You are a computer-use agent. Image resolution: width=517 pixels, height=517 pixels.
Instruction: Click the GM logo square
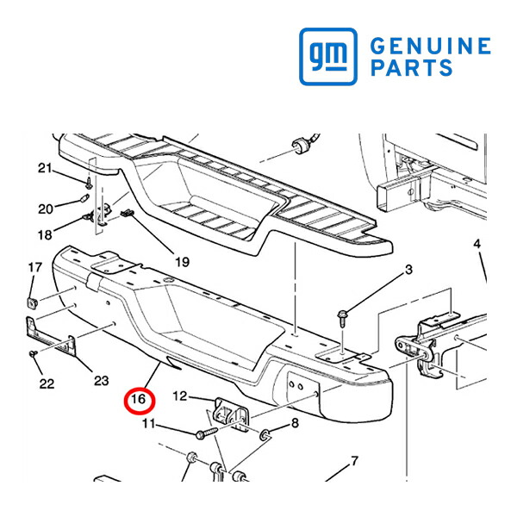pyautogui.click(x=328, y=56)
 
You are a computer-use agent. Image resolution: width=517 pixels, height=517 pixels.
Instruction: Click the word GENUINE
pyautogui.click(x=431, y=46)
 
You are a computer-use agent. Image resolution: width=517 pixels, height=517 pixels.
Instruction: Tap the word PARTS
pyautogui.click(x=412, y=67)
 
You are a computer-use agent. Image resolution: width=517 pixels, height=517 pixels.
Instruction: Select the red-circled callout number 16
pyautogui.click(x=139, y=399)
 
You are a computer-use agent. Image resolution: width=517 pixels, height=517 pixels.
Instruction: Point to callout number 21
pyautogui.click(x=45, y=168)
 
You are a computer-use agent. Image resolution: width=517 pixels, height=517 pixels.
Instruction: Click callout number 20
pyautogui.click(x=46, y=209)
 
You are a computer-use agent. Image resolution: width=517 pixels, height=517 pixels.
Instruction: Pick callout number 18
pyautogui.click(x=45, y=235)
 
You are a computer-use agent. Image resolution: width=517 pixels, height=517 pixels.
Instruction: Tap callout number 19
pyautogui.click(x=183, y=262)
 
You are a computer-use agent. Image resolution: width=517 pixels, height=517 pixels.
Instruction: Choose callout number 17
pyautogui.click(x=35, y=267)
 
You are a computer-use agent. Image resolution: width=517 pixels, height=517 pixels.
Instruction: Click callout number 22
pyautogui.click(x=47, y=383)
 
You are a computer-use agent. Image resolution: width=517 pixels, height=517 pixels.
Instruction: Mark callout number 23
pyautogui.click(x=102, y=381)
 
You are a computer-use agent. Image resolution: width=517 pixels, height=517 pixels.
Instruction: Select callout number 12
pyautogui.click(x=180, y=396)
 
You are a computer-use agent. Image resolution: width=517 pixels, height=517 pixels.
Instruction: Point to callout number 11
pyautogui.click(x=149, y=423)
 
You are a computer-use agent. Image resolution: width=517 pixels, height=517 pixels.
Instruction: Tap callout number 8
pyautogui.click(x=295, y=422)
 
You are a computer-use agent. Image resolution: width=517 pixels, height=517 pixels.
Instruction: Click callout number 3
pyautogui.click(x=408, y=270)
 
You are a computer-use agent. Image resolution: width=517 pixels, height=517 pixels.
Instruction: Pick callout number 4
pyautogui.click(x=477, y=244)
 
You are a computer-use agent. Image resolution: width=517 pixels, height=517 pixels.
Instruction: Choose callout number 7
pyautogui.click(x=354, y=461)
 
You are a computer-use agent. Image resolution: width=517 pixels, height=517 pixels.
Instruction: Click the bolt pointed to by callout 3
pyautogui.click(x=341, y=318)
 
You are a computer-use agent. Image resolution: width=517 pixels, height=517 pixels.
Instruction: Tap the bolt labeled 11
pyautogui.click(x=207, y=433)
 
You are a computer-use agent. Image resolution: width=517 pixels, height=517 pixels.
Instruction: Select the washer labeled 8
pyautogui.click(x=265, y=435)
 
